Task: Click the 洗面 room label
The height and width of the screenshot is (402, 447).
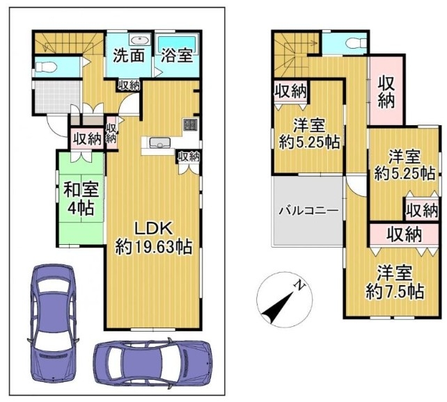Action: [129, 56]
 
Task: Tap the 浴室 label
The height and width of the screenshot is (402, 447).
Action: [177, 56]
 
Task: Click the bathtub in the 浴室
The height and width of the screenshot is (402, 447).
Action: [178, 44]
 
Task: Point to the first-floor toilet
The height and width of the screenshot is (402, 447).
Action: [46, 67]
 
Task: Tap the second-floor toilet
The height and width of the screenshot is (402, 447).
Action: [355, 44]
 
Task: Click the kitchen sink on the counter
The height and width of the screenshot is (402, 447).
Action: [160, 142]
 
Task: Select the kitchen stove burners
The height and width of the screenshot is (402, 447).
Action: [191, 124]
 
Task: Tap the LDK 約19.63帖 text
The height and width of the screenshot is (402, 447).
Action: [153, 238]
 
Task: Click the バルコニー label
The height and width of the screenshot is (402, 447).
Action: [308, 211]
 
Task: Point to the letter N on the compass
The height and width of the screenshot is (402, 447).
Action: [299, 284]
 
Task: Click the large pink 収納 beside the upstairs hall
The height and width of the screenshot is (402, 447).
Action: [386, 90]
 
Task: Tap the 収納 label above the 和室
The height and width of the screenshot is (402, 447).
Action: [87, 139]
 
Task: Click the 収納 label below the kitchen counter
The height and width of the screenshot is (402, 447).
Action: [189, 156]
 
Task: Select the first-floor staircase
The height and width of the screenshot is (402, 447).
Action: [68, 43]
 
